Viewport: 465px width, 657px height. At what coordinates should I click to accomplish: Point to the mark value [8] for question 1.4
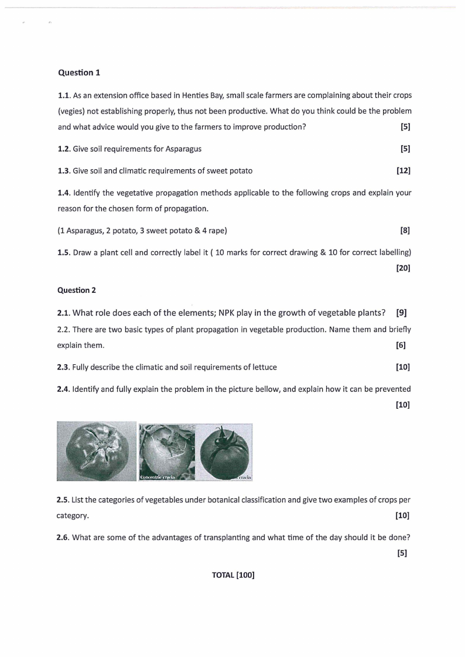point(405,231)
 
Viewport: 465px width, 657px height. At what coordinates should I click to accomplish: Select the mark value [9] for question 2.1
point(401,312)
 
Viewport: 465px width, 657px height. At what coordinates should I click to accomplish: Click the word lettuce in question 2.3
point(264,367)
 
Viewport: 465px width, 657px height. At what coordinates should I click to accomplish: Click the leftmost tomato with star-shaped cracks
point(97,451)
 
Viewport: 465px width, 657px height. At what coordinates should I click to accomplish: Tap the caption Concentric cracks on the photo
point(158,477)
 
